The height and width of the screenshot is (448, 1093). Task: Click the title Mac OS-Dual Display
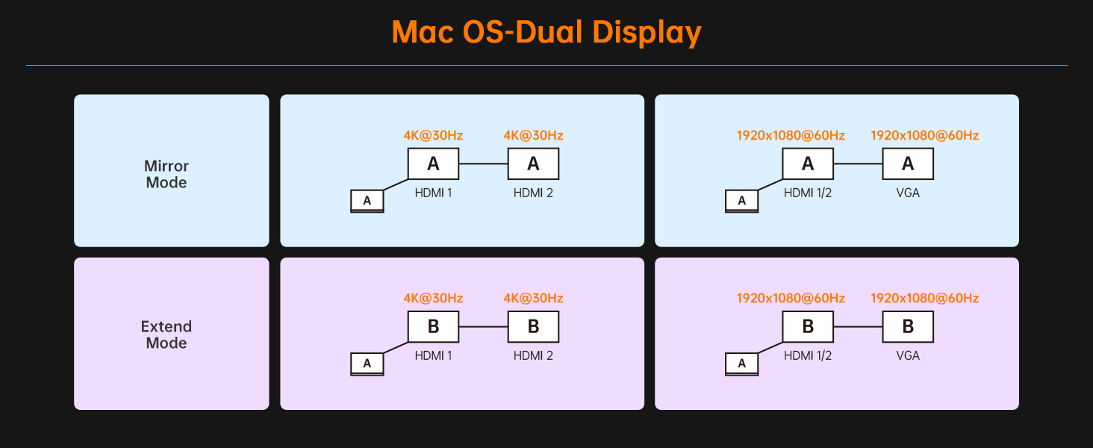(x=546, y=32)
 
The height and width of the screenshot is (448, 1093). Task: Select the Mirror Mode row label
(x=166, y=174)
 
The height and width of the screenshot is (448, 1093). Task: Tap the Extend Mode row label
(x=166, y=335)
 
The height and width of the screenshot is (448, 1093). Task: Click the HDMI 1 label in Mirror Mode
(x=433, y=193)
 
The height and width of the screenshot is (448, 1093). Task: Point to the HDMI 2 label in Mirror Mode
(x=533, y=193)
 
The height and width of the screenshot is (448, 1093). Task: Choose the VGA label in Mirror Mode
(x=908, y=193)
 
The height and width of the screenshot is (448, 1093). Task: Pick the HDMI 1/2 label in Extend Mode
(x=808, y=355)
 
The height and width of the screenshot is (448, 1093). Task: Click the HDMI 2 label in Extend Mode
(x=533, y=355)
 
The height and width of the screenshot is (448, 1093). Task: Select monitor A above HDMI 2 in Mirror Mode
(x=533, y=164)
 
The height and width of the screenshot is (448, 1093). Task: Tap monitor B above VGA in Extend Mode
(x=908, y=326)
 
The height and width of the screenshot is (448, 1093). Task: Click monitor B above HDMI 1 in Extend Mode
(x=433, y=326)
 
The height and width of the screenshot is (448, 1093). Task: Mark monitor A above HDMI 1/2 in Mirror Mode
(x=808, y=164)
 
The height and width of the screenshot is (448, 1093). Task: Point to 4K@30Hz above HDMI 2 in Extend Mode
(x=533, y=298)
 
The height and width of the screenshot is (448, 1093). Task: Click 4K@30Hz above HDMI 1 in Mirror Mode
(x=433, y=135)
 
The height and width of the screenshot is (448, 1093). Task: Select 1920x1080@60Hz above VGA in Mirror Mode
(x=924, y=135)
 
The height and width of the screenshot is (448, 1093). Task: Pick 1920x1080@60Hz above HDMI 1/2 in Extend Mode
(x=791, y=298)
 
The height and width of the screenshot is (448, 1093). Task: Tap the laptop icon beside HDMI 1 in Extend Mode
(x=367, y=364)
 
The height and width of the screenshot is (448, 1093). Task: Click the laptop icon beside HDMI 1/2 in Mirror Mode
(x=741, y=201)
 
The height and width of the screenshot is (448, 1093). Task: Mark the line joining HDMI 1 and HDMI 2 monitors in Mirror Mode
(x=483, y=164)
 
